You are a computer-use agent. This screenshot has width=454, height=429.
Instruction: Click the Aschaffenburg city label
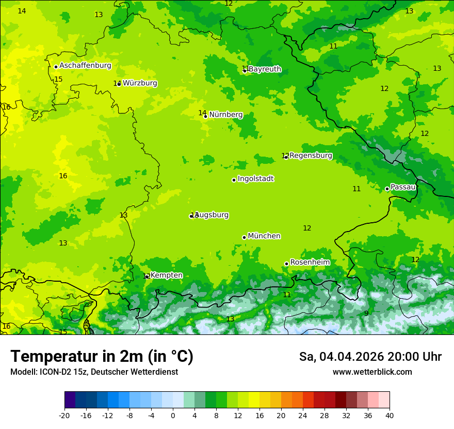(x=85, y=66)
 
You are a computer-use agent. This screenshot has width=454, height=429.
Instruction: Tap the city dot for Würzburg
(x=119, y=84)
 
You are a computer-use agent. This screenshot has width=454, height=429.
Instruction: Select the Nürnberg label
(x=226, y=115)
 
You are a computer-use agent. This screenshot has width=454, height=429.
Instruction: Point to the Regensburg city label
(x=311, y=156)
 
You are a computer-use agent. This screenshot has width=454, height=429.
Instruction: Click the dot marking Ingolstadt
(x=234, y=180)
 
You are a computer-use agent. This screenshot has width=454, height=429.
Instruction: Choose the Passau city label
(x=403, y=187)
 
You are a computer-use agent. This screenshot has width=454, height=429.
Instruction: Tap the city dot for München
(x=244, y=237)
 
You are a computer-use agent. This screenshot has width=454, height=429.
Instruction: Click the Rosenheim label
(x=310, y=263)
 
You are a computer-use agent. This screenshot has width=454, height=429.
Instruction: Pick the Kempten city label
(x=166, y=275)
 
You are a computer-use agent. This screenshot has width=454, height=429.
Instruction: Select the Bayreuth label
(x=265, y=69)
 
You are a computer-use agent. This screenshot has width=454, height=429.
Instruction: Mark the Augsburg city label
(x=212, y=215)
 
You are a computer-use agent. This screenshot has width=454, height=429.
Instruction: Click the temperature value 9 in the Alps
(x=366, y=313)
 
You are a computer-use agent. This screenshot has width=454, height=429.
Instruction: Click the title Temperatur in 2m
(x=102, y=356)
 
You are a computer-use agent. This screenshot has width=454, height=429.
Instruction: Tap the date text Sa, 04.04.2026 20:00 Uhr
(x=370, y=357)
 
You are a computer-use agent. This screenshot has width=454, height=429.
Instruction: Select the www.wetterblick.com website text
(x=372, y=372)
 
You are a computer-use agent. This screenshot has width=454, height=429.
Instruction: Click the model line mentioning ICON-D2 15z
(x=94, y=372)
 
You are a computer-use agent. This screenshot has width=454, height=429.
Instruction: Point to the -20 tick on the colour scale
(x=64, y=415)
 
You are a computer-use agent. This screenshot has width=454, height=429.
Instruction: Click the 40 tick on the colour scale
(x=390, y=415)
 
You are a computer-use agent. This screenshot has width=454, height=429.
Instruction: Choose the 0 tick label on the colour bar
(x=173, y=415)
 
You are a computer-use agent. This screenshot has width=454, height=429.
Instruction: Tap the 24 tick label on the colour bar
(x=303, y=415)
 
